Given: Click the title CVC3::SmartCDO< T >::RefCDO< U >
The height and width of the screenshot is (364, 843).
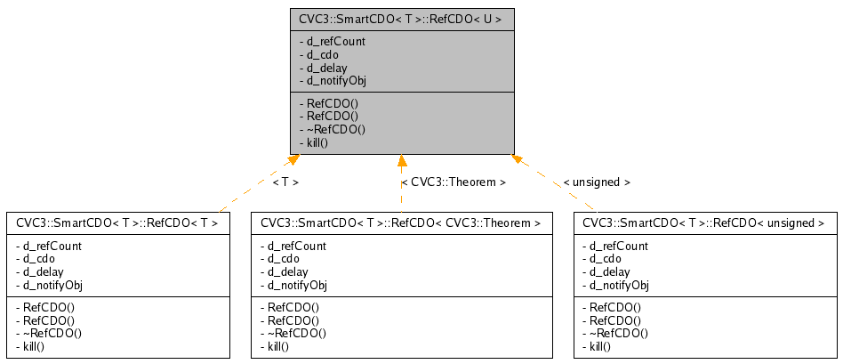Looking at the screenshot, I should pos(401,20).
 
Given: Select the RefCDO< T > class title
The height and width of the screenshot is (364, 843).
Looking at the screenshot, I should pos(117,222).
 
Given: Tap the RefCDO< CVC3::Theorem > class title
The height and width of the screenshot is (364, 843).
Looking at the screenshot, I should pos(401,222).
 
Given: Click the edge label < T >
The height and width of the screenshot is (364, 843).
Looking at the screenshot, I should pos(285,182).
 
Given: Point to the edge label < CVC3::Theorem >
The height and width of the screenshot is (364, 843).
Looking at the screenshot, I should pos(454,182).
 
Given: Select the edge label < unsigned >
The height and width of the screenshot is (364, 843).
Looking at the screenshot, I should pos(597,182).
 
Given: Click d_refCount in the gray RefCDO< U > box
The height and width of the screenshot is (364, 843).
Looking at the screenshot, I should pos(333,41).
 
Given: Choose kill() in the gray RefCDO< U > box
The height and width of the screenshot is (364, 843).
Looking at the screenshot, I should pos(316,142).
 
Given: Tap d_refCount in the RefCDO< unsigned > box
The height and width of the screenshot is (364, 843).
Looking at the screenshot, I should pos(615,246).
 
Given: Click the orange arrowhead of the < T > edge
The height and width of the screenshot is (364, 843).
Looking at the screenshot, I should pos(292,161).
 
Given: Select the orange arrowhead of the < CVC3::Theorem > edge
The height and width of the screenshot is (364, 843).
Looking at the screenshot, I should pos(402,161).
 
